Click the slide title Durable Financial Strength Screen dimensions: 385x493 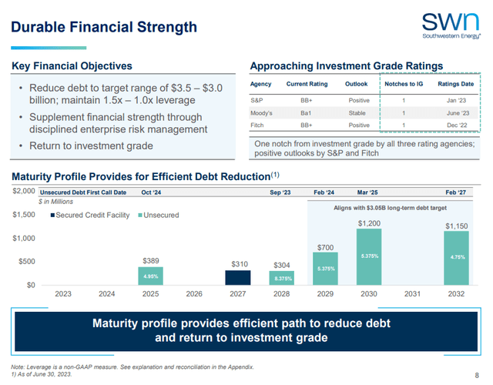point(104,27)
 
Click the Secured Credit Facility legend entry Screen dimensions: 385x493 point(92,215)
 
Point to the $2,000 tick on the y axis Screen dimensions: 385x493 point(23,190)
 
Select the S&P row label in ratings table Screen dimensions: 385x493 point(258,100)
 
